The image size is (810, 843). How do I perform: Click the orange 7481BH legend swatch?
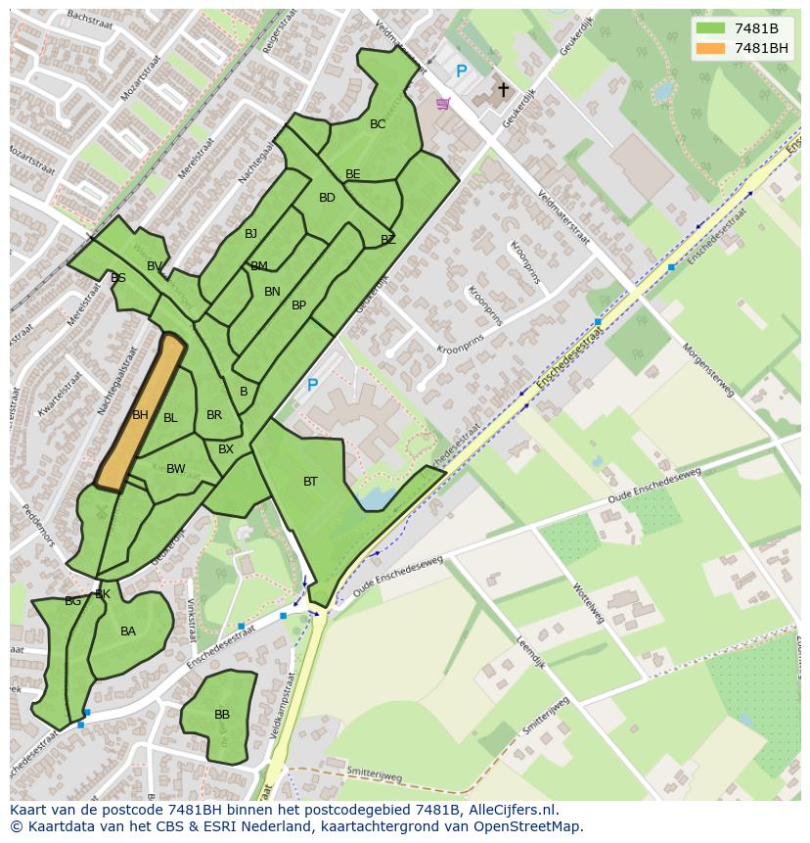click(x=710, y=48)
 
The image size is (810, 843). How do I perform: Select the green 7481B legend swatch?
click(x=710, y=28)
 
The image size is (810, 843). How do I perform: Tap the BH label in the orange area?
click(x=140, y=415)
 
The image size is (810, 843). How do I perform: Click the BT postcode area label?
click(x=310, y=482)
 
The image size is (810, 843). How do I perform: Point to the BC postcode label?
click(x=378, y=124)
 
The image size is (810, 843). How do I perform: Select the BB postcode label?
click(x=222, y=715)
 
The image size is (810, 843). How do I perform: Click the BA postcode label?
click(x=128, y=632)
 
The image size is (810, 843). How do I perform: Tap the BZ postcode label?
click(x=388, y=240)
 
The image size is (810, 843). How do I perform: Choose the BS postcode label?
click(x=118, y=278)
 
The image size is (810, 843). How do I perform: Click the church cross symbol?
click(x=503, y=90)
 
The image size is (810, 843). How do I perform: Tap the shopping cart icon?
click(x=442, y=103)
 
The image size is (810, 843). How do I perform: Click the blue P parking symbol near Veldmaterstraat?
click(x=461, y=71)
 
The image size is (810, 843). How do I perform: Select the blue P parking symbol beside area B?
click(x=312, y=386)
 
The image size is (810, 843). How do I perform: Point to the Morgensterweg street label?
click(x=707, y=369)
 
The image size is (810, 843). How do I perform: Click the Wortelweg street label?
click(x=590, y=603)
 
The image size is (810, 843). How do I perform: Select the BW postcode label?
click(x=175, y=469)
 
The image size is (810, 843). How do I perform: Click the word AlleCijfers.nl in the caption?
click(x=513, y=810)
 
